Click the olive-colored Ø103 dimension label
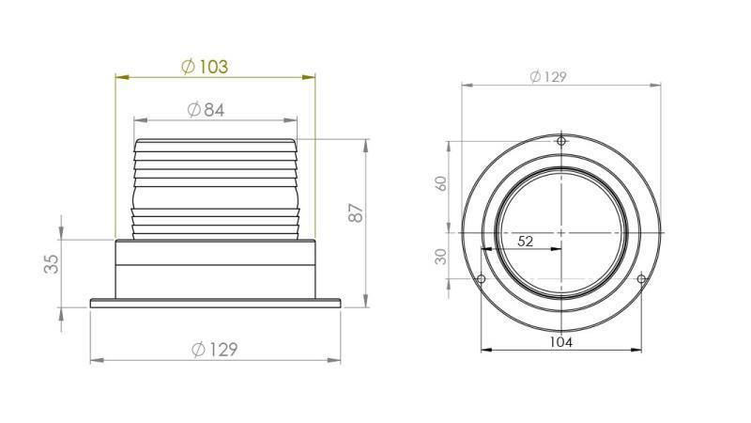[x=204, y=66]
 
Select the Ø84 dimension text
[x=206, y=110]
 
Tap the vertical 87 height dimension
[x=356, y=213]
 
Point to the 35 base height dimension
[x=52, y=263]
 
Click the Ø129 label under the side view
[x=214, y=350]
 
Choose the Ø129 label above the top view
[x=547, y=77]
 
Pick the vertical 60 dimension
[x=442, y=184]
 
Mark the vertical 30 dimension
[x=442, y=256]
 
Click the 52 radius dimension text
[x=526, y=242]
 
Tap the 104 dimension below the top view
[x=560, y=342]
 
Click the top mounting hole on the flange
[x=561, y=142]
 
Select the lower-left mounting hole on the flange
[x=482, y=279]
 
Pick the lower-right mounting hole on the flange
[x=641, y=279]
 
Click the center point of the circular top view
[x=561, y=231]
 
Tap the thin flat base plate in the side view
[x=215, y=303]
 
